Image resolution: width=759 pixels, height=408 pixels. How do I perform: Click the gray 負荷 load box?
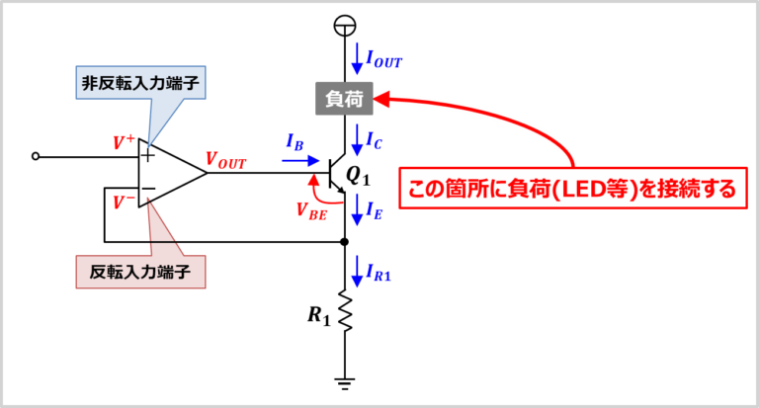(x=344, y=99)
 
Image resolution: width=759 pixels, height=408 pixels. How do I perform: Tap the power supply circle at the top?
(x=345, y=26)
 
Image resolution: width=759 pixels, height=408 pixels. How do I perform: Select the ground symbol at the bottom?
(x=345, y=384)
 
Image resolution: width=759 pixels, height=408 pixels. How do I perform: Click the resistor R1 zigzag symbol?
(x=345, y=311)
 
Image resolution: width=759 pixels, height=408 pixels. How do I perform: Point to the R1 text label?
(x=319, y=315)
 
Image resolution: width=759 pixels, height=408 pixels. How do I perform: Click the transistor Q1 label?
(x=358, y=177)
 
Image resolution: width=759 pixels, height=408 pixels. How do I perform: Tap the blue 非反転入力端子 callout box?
(x=140, y=83)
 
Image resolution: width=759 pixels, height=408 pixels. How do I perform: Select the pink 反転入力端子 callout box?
(x=140, y=272)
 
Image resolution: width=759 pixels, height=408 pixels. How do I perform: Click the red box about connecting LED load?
(x=572, y=189)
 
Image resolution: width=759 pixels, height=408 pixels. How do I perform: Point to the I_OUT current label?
(x=383, y=59)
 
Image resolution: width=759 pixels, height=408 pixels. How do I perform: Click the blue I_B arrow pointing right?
(x=300, y=161)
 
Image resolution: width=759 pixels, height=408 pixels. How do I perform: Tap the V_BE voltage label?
(x=311, y=211)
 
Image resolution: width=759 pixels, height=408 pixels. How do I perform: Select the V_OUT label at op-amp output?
(x=226, y=160)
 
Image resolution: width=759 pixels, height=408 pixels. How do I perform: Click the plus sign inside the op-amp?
(x=147, y=155)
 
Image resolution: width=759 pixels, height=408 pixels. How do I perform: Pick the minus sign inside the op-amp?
(x=148, y=189)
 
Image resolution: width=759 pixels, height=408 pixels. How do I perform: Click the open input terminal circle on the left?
(x=35, y=156)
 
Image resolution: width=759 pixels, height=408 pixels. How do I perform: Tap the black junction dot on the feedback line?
(x=345, y=241)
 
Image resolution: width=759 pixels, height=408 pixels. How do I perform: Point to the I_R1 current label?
(x=379, y=273)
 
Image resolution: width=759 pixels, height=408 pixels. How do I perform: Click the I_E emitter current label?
(x=375, y=211)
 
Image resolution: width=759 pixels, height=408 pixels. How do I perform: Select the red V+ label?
(x=124, y=142)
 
